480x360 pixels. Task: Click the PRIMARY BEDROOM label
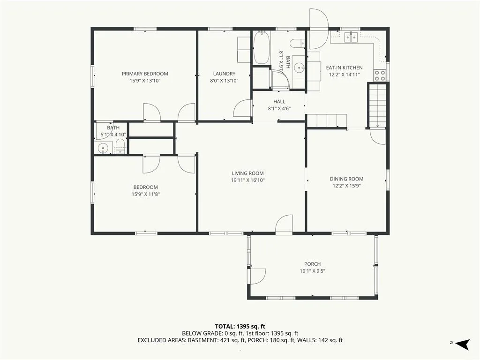pyautogui.click(x=145, y=74)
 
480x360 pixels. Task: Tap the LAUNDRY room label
pyautogui.click(x=224, y=74)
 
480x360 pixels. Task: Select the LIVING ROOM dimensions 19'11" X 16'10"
pyautogui.click(x=247, y=180)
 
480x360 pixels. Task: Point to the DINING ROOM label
pyautogui.click(x=346, y=179)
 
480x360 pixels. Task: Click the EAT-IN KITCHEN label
pyautogui.click(x=344, y=67)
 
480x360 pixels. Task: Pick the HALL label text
pyautogui.click(x=279, y=102)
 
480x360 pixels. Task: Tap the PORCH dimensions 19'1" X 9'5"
pyautogui.click(x=312, y=271)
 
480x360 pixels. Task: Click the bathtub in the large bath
pyautogui.click(x=262, y=47)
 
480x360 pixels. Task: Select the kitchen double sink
pyautogui.click(x=351, y=37)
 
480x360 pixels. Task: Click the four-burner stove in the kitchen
pyautogui.click(x=380, y=75)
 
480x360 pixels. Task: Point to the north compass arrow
pyautogui.click(x=462, y=344)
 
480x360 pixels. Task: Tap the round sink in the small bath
pyautogui.click(x=103, y=149)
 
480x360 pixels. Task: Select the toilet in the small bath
pyautogui.click(x=120, y=146)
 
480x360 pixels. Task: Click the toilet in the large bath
pyautogui.click(x=297, y=44)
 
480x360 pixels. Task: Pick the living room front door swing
pyautogui.click(x=284, y=224)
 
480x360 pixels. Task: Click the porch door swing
pyautogui.click(x=258, y=277)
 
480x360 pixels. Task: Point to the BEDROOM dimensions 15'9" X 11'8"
pyautogui.click(x=146, y=194)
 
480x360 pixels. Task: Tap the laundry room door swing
pyautogui.click(x=243, y=108)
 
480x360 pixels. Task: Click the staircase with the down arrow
pyautogui.click(x=378, y=105)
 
